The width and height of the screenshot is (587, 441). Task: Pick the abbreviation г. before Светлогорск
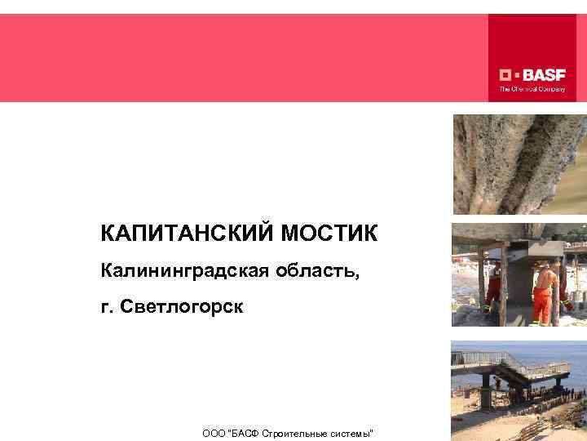[108, 307]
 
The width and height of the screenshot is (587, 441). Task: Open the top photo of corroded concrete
[519, 163]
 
